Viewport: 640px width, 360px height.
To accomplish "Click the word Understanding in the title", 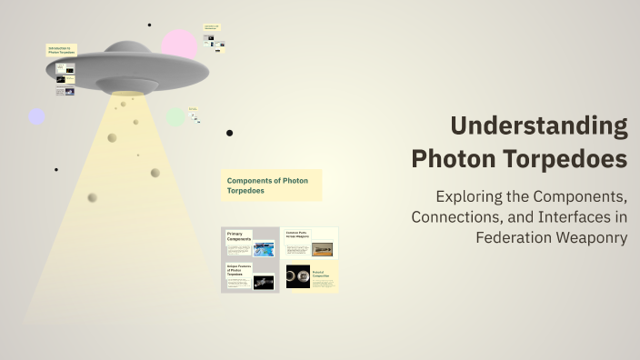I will click(539, 125).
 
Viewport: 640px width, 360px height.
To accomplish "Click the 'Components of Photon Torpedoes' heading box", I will click(270, 185).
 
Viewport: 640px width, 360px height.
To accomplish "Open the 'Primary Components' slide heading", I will click(240, 236).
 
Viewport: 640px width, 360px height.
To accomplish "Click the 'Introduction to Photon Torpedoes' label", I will click(62, 50).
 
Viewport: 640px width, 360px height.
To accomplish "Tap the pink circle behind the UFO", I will click(180, 44).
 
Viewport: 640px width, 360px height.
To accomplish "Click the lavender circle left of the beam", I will click(36, 116).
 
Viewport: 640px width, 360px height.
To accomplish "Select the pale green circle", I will click(175, 117).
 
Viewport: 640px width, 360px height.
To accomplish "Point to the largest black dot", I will click(229, 133).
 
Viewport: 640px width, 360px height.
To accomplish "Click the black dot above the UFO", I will click(149, 25).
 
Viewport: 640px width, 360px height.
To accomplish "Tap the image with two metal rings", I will click(297, 276).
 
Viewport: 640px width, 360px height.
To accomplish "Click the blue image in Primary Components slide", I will click(264, 249).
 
